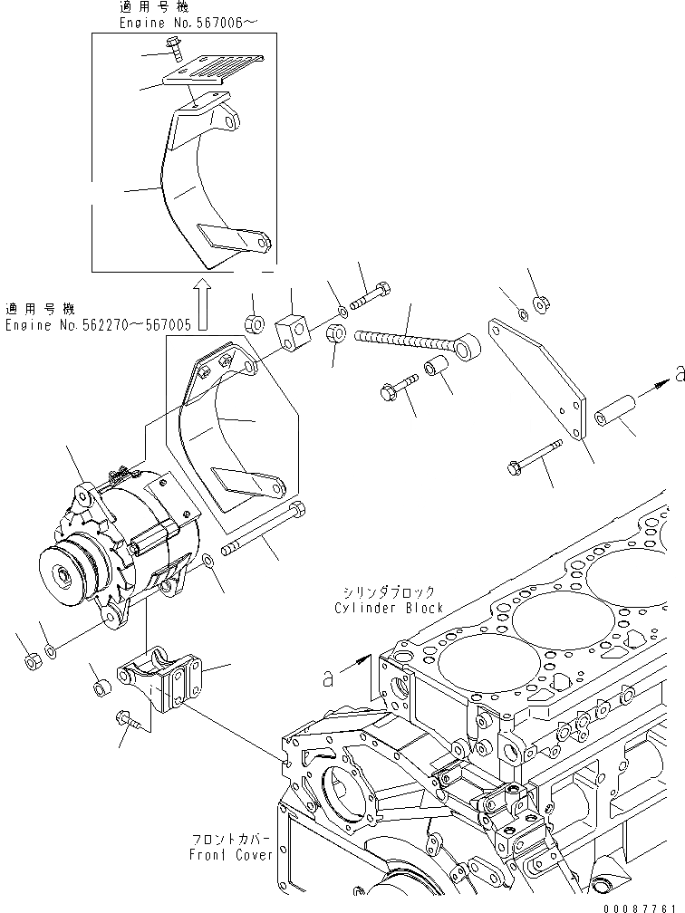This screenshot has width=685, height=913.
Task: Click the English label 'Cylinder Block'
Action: (x=389, y=609)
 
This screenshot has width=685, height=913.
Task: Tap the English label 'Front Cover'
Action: (x=230, y=855)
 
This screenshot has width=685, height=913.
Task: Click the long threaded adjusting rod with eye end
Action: (x=407, y=342)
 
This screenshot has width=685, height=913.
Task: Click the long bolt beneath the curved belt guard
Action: (x=264, y=533)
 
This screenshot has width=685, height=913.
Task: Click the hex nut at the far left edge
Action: (x=29, y=663)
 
